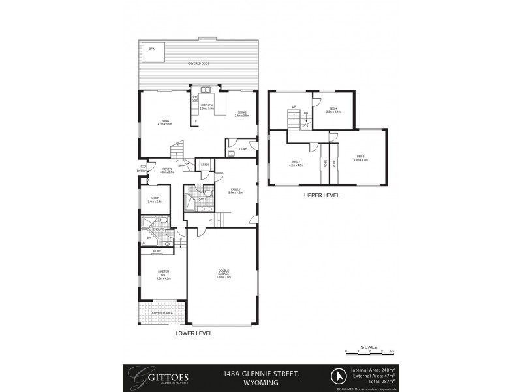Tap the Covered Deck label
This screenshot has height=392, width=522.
(198, 64)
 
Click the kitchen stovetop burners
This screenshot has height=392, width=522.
(194, 100)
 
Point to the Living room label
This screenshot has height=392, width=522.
(165, 122)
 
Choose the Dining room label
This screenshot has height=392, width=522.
(241, 113)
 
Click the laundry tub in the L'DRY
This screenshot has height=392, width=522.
(232, 154)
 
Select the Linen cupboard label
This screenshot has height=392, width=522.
(205, 165)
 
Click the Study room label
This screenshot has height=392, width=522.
(155, 199)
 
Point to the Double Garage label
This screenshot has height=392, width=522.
(224, 275)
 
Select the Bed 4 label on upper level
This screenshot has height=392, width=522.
(333, 110)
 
